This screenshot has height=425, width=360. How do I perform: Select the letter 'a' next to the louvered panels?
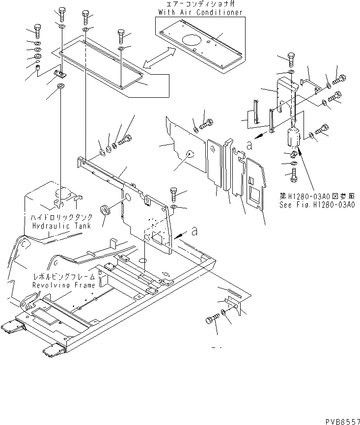pyautogui.click(x=249, y=145)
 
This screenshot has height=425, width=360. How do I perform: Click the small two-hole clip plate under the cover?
pyautogui.click(x=60, y=74)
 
